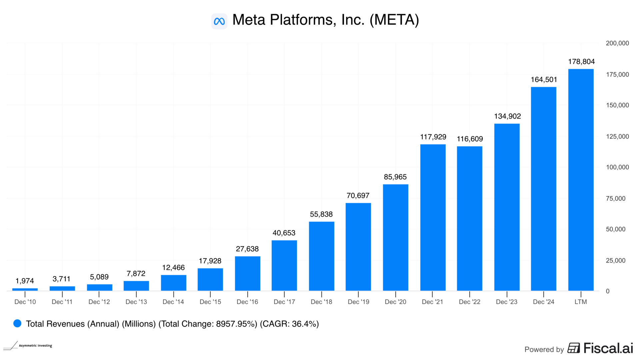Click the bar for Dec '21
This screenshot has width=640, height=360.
tap(433, 217)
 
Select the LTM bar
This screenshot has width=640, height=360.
tap(581, 180)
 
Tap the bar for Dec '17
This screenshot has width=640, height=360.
tap(284, 265)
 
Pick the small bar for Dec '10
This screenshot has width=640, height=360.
tap(25, 289)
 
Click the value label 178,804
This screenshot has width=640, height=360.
tap(581, 62)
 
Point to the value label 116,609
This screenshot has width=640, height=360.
tap(470, 139)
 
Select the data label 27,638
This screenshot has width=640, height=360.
tap(247, 249)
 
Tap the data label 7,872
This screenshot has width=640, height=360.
tap(136, 274)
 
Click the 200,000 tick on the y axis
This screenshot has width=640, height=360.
tap(617, 43)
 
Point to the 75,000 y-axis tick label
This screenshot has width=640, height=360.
tap(616, 199)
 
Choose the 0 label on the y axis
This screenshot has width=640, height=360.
tap(608, 291)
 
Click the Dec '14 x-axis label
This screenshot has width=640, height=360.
tap(173, 302)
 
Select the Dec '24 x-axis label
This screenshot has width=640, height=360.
tap(543, 302)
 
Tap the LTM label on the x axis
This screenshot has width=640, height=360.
tap(581, 302)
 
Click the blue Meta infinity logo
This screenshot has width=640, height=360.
tap(219, 21)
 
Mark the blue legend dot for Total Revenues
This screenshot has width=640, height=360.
tap(17, 323)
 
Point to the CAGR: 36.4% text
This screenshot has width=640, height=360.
tap(289, 324)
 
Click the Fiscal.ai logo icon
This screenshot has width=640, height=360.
tap(574, 348)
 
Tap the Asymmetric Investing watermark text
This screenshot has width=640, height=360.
tap(35, 346)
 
